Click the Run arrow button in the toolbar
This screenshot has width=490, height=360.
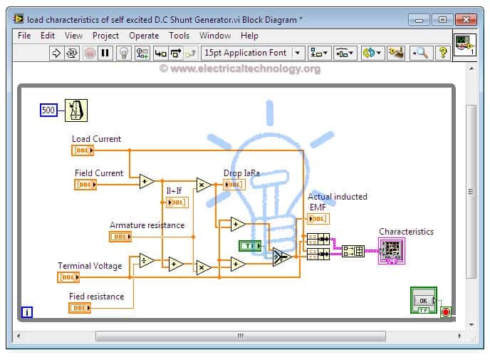[56, 53]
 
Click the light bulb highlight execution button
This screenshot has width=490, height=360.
[124, 53]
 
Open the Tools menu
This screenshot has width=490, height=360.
[179, 36]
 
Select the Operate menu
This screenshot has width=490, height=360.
[144, 36]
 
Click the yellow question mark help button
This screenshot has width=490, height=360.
[442, 53]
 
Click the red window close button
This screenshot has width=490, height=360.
[466, 20]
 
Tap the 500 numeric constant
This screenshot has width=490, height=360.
[48, 110]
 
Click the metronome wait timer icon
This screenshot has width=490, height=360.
[76, 110]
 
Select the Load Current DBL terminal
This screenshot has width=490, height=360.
[83, 150]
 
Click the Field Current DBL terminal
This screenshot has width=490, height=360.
[85, 185]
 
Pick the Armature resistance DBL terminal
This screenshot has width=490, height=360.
[120, 237]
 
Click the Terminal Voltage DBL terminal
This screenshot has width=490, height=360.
[68, 277]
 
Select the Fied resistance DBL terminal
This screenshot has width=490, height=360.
[80, 308]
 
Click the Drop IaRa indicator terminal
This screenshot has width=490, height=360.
[234, 185]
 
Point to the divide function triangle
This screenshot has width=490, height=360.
[147, 260]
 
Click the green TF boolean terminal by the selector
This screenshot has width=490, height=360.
[250, 246]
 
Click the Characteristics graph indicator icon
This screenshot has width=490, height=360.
[392, 251]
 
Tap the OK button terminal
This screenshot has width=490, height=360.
[424, 300]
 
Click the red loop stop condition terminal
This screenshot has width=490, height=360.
[446, 312]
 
